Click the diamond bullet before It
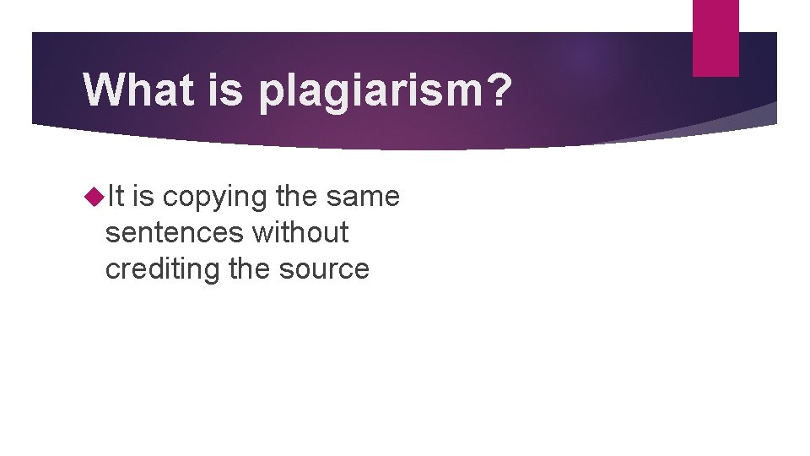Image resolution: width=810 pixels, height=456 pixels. (94, 197)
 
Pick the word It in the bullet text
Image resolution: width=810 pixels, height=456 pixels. (115, 197)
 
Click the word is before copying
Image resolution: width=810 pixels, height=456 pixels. (143, 197)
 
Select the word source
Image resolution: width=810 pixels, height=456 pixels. (327, 269)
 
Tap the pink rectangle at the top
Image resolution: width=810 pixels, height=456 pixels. (715, 38)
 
